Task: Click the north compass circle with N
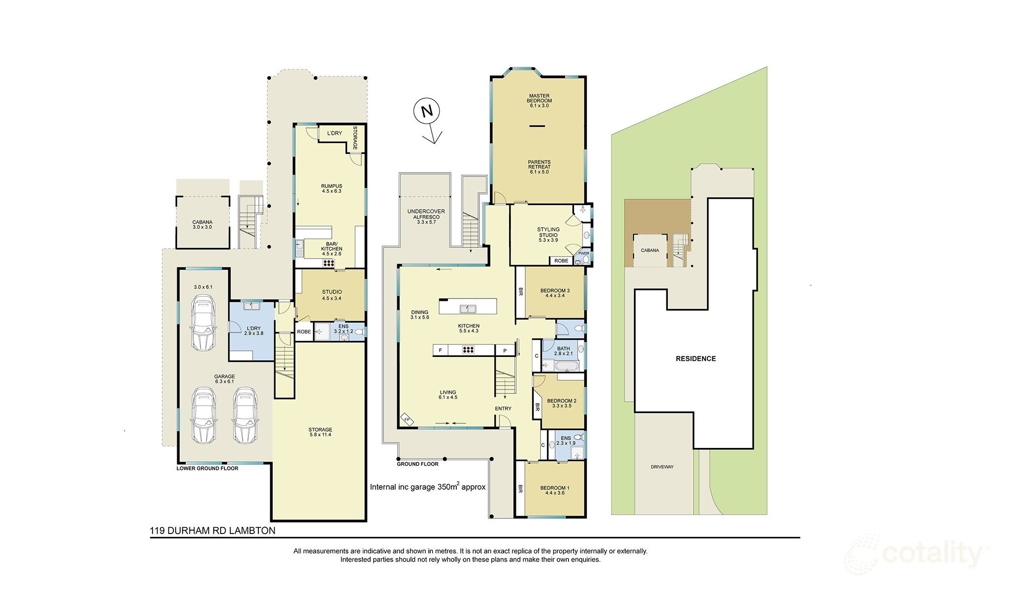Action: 426,111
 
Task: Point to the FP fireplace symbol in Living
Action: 407,419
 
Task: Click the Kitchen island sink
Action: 468,309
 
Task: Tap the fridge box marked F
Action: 440,351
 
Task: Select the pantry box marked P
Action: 505,351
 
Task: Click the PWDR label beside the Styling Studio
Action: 583,254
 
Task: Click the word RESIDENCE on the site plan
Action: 696,358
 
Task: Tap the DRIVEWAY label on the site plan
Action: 662,467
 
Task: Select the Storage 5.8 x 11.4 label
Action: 320,432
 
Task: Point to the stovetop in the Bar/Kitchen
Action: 328,263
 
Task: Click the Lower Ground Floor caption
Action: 207,468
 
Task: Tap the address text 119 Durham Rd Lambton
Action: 213,531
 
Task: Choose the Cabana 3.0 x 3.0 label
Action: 202,224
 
